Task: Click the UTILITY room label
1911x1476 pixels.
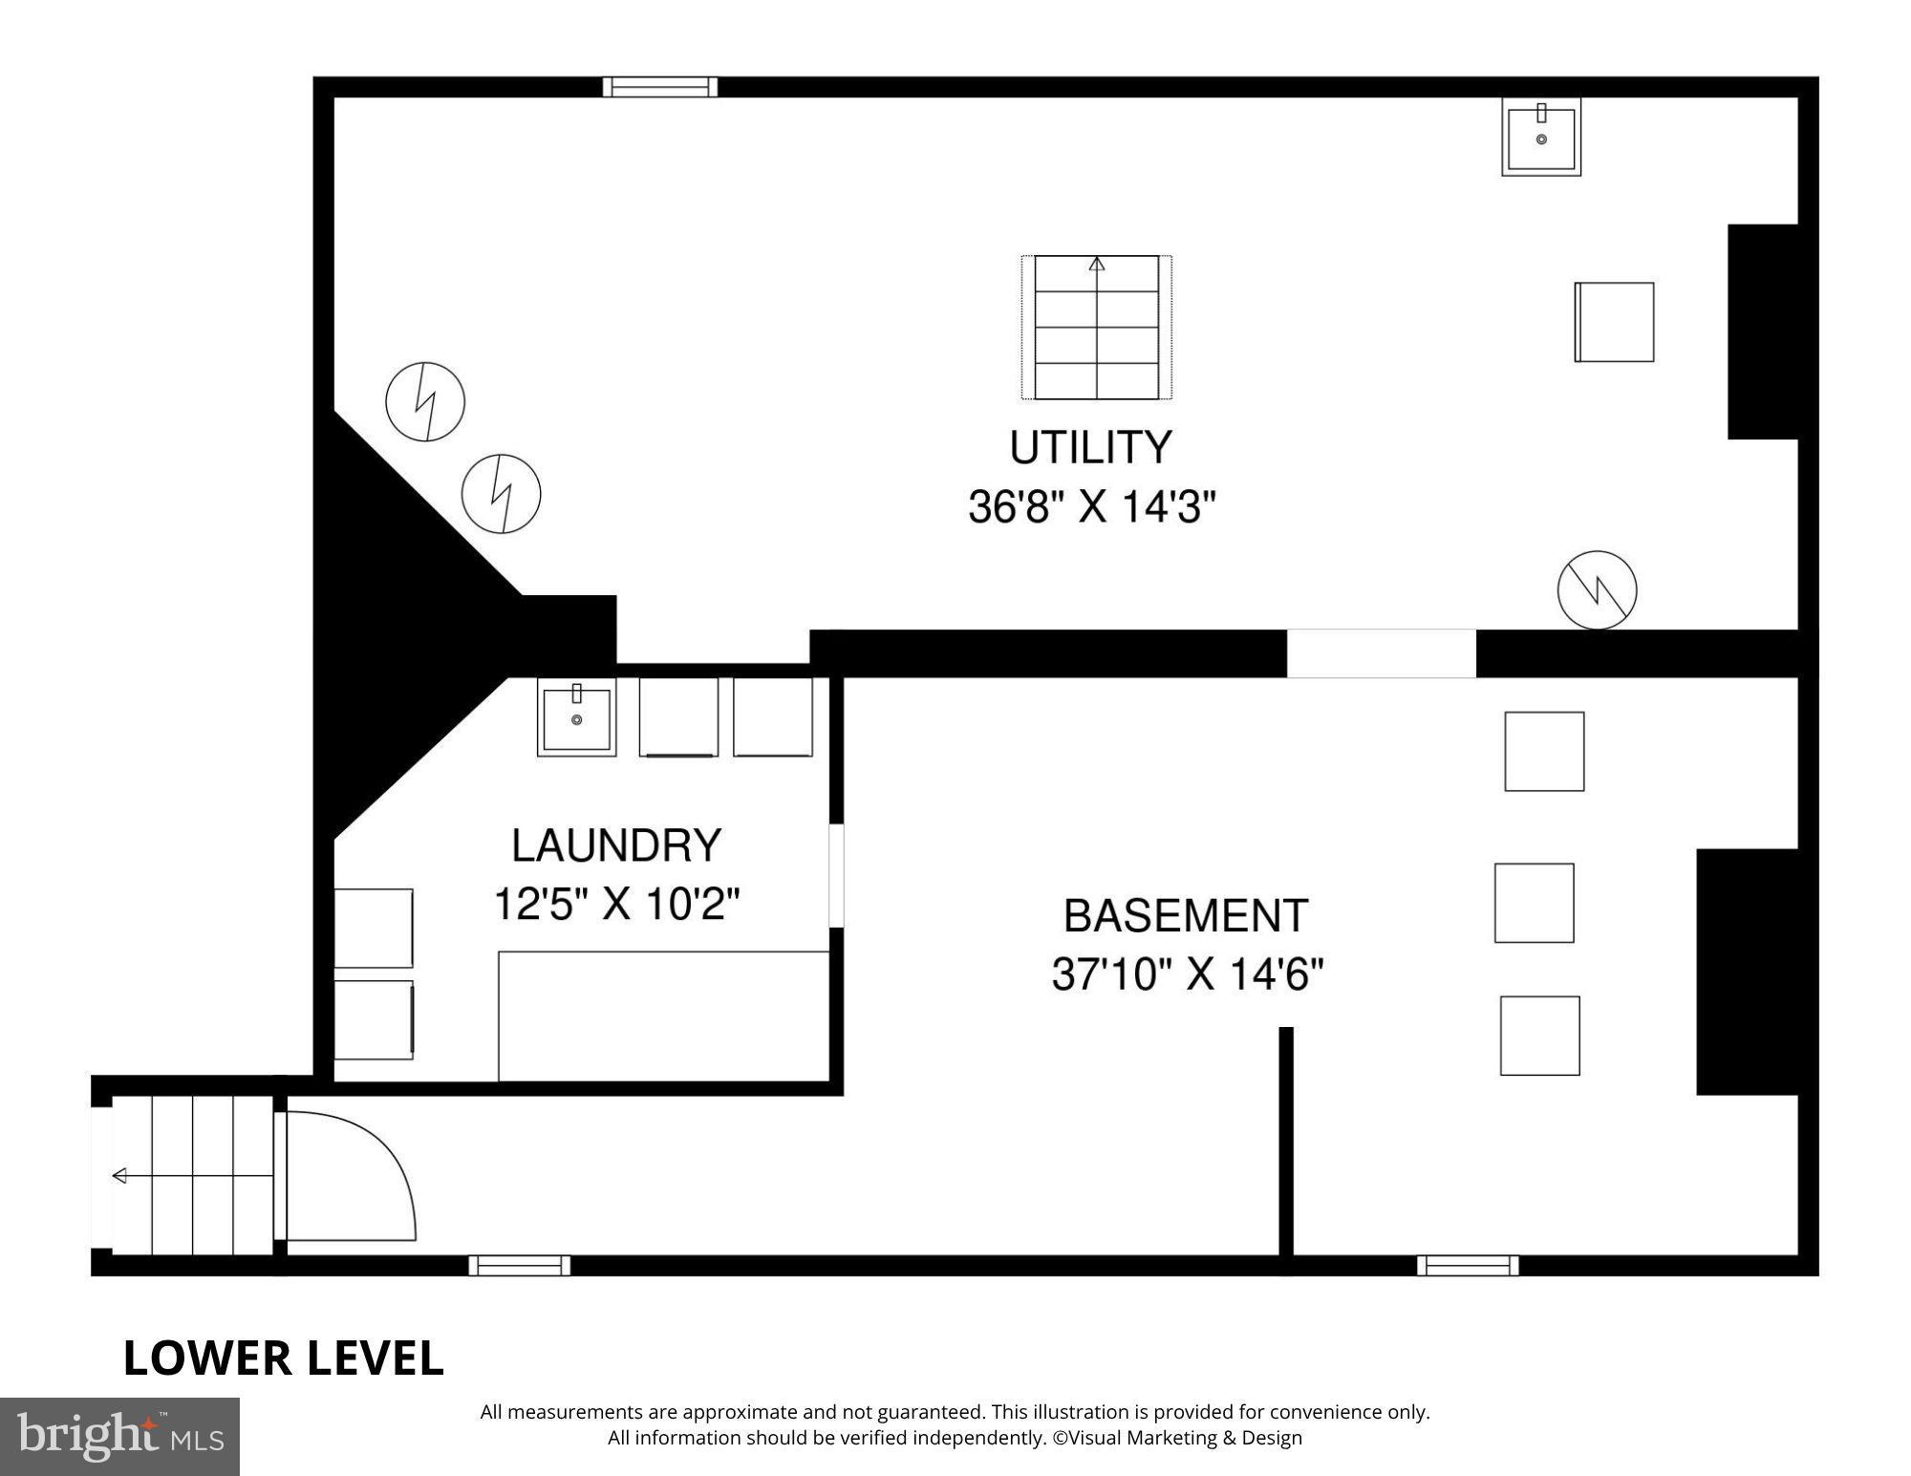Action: click(x=1090, y=448)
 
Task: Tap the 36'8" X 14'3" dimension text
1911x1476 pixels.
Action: click(x=1091, y=507)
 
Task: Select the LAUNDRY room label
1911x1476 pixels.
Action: click(x=616, y=846)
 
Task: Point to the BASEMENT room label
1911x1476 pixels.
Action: click(x=1185, y=916)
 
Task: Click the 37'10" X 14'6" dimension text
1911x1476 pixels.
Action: click(x=1187, y=975)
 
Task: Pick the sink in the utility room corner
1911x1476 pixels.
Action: click(x=1540, y=137)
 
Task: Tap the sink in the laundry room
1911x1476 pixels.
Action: click(x=576, y=717)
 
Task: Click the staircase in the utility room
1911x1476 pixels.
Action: click(x=1096, y=327)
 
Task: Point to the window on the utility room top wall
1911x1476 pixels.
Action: click(x=659, y=87)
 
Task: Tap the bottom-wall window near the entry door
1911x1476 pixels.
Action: click(x=519, y=1266)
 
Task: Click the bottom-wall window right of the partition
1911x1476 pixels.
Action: click(x=1467, y=1266)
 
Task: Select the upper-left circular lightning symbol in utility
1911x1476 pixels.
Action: click(x=425, y=401)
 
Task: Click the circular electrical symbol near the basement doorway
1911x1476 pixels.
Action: click(x=1597, y=590)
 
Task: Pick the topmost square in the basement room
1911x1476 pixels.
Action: click(x=1544, y=751)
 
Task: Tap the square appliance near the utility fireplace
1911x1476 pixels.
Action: click(x=1614, y=322)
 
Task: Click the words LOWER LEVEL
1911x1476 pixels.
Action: click(x=284, y=1358)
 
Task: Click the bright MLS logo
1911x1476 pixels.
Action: click(x=119, y=1436)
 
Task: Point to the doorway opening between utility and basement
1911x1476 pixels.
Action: click(x=1381, y=653)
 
